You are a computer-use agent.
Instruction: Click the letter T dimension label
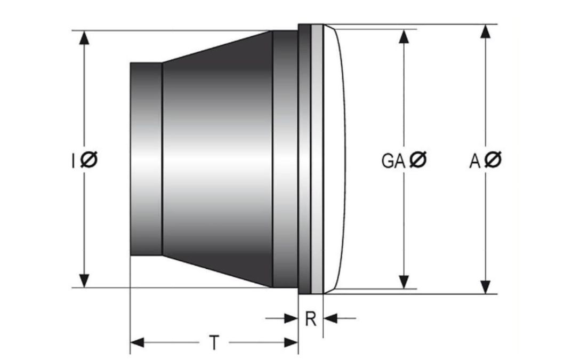pyautogui.click(x=214, y=342)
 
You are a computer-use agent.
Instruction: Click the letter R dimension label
pyautogui.click(x=311, y=318)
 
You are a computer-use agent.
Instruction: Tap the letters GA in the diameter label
pyautogui.click(x=393, y=161)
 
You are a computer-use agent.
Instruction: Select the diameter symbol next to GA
pyautogui.click(x=418, y=159)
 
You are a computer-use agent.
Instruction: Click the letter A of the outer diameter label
pyautogui.click(x=475, y=161)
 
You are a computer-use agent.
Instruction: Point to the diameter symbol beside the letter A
pyautogui.click(x=493, y=160)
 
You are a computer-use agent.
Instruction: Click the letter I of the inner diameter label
pyautogui.click(x=74, y=161)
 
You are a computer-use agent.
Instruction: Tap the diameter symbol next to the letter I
pyautogui.click(x=88, y=159)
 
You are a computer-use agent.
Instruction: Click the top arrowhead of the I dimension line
pyautogui.click(x=84, y=38)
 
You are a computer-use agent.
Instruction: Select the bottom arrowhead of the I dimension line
pyautogui.click(x=84, y=281)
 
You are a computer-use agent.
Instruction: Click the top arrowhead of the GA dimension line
pyautogui.click(x=404, y=36)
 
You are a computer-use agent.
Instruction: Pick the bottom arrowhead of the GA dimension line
pyautogui.click(x=404, y=282)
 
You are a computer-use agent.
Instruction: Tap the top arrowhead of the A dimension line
pyautogui.click(x=486, y=31)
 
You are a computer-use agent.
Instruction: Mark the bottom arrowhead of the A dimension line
pyautogui.click(x=486, y=287)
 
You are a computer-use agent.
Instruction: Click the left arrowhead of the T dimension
pyautogui.click(x=137, y=342)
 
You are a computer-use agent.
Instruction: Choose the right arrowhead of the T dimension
pyautogui.click(x=291, y=342)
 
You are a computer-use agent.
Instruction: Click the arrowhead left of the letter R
pyautogui.click(x=291, y=318)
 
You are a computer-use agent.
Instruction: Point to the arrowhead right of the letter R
pyautogui.click(x=331, y=318)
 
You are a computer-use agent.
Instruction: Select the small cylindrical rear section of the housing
pyautogui.click(x=146, y=159)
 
